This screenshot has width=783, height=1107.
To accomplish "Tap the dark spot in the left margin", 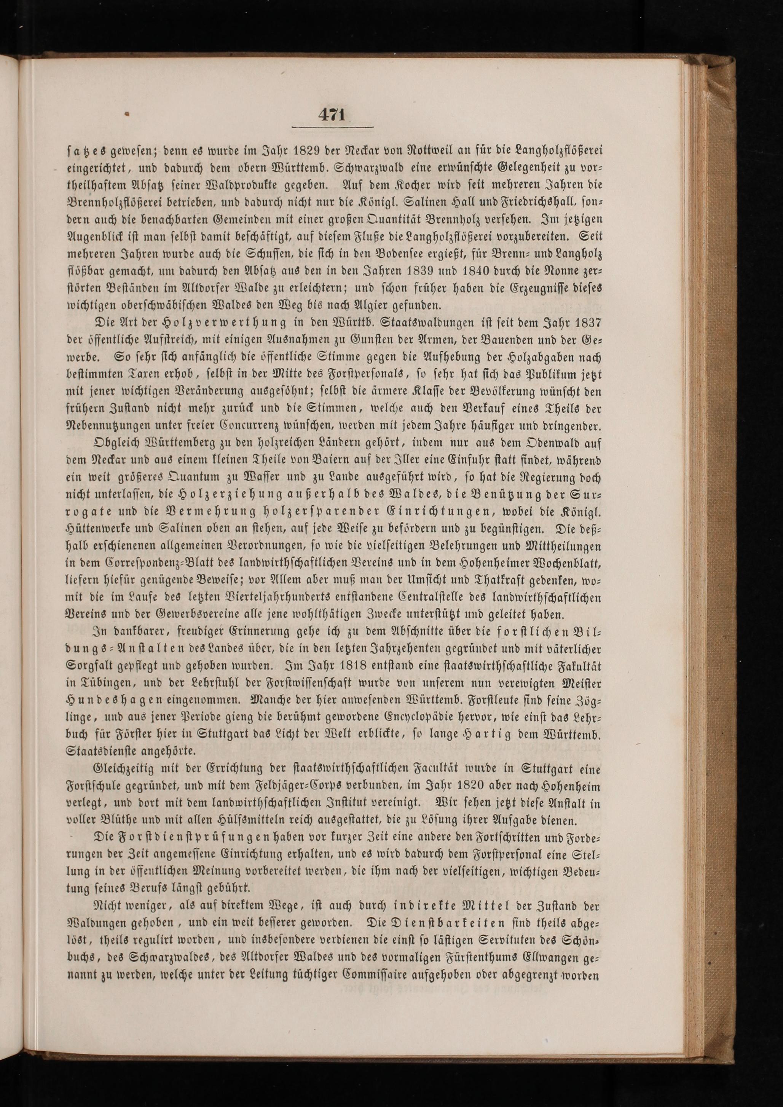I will [x=128, y=115].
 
